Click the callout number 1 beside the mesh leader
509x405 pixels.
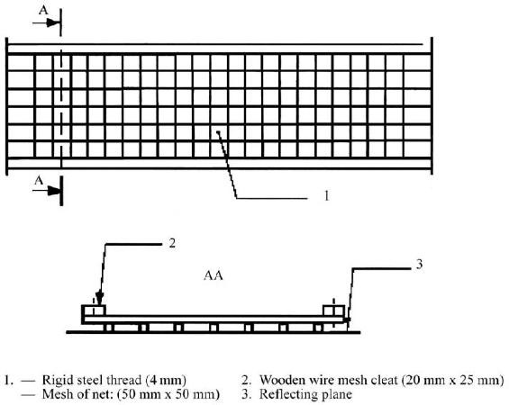click(x=327, y=195)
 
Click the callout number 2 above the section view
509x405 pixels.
click(x=172, y=242)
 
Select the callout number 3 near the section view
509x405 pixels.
click(x=420, y=265)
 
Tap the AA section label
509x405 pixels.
click(x=214, y=275)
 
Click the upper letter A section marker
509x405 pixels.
click(x=43, y=10)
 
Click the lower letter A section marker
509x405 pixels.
click(x=39, y=180)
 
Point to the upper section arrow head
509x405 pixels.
click(x=53, y=22)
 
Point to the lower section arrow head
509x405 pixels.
click(x=54, y=191)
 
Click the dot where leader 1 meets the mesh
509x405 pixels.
click(x=219, y=132)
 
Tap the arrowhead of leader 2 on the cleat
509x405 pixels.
click(x=100, y=298)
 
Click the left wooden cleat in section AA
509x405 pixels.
click(x=93, y=310)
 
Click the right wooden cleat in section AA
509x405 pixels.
click(x=333, y=310)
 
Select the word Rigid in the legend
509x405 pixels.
click(x=56, y=380)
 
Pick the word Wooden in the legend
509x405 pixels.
click(x=281, y=380)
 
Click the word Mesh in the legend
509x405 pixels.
click(x=58, y=394)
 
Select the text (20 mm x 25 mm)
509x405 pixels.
click(x=453, y=380)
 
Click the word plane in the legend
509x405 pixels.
click(x=337, y=395)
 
